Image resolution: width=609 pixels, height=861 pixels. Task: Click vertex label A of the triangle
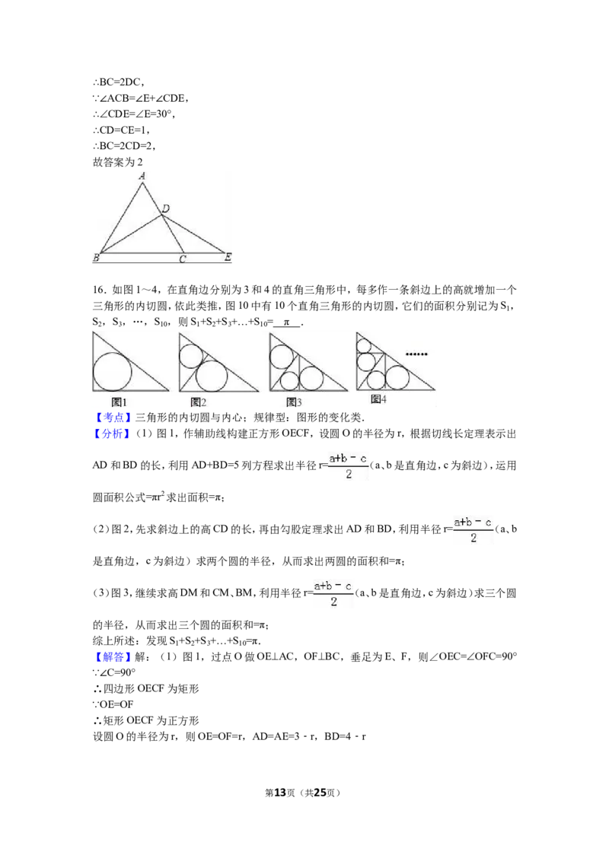coord(142,176)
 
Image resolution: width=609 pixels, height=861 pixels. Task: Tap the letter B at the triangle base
coord(96,259)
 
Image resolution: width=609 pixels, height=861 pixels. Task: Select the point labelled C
coord(182,259)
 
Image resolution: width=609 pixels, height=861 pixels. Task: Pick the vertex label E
coord(228,259)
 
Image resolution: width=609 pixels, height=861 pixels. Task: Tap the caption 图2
coord(198,402)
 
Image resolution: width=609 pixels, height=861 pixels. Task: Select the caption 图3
coord(294,402)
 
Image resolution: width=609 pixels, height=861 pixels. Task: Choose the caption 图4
coord(378,399)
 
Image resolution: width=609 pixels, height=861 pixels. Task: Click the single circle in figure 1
coord(112,372)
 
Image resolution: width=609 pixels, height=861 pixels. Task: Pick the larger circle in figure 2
coord(212,376)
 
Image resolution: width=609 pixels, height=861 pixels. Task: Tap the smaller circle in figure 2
coord(190,355)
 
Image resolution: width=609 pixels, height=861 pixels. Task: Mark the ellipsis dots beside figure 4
coord(416,354)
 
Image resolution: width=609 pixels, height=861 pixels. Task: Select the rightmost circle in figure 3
coord(311,377)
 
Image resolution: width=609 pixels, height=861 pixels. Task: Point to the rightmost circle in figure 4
coord(397,377)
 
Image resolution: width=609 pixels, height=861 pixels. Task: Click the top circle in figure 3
coord(282,356)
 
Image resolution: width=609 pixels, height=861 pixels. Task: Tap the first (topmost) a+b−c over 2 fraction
coord(346,468)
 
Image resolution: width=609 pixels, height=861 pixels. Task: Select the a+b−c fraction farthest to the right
coord(474,529)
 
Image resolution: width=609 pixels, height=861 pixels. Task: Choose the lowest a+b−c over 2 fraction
coord(335,593)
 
